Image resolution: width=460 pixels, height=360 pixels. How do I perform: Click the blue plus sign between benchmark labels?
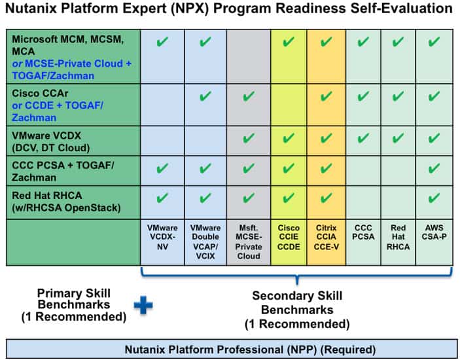(x=143, y=305)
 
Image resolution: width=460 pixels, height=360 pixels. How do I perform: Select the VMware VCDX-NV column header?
(x=162, y=237)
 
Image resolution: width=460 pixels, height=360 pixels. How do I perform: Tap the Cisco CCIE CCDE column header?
(x=289, y=237)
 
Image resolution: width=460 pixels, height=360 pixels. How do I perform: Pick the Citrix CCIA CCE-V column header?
(x=327, y=237)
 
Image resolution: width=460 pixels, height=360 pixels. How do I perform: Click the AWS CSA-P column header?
(x=434, y=232)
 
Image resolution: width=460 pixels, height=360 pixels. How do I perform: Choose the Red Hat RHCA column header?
(x=398, y=237)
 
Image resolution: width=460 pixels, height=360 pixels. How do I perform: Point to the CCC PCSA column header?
(x=363, y=232)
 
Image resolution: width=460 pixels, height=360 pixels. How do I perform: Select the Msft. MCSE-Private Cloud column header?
(x=249, y=242)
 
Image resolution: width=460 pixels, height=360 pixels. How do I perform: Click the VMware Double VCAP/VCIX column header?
(x=205, y=242)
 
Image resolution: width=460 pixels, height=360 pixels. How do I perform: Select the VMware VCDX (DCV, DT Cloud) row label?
(x=51, y=141)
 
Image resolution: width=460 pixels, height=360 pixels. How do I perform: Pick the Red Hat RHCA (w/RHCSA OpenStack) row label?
(x=66, y=202)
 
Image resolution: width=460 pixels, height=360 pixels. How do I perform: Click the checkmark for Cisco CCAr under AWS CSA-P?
(x=434, y=96)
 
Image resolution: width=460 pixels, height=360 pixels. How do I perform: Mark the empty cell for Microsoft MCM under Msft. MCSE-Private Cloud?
(x=249, y=57)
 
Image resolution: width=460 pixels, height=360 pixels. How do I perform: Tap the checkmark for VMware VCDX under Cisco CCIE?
(x=289, y=138)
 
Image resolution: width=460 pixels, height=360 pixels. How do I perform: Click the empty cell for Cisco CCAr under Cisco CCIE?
(x=289, y=105)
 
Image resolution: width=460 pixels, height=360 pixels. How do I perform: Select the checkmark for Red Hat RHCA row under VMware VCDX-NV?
(x=162, y=198)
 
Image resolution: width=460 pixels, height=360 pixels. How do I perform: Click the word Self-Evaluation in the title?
(x=403, y=8)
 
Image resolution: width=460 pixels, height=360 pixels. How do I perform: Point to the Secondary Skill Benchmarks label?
(x=297, y=310)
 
